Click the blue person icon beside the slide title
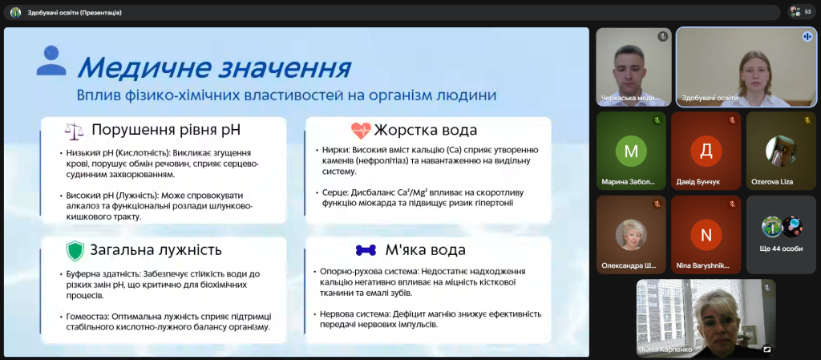click(51, 60)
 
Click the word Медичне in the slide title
click(136, 68)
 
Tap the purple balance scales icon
click(74, 131)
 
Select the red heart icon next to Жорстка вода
click(361, 130)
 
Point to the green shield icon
click(75, 251)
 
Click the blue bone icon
click(366, 250)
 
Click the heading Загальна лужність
click(156, 250)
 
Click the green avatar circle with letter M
click(632, 151)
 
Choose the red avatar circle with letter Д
click(706, 151)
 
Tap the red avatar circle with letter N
click(706, 235)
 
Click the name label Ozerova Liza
click(772, 182)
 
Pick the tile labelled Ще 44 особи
click(781, 235)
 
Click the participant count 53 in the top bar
click(807, 12)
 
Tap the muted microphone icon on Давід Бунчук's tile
click(732, 120)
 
